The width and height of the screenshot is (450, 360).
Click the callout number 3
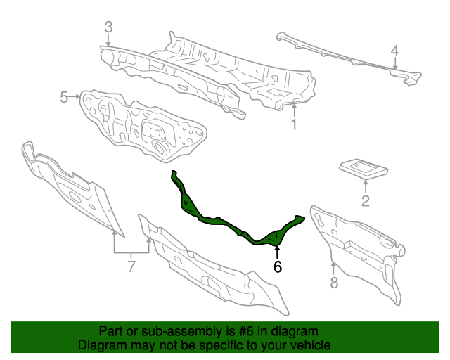pos(108,27)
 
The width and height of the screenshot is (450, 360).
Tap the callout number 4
pos(395,51)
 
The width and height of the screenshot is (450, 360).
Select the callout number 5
pos(64,97)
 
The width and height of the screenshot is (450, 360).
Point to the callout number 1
pos(294,124)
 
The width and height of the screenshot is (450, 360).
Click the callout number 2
pos(366,201)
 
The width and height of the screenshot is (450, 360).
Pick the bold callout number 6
pos(278,266)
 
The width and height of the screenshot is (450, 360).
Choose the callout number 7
pos(131,266)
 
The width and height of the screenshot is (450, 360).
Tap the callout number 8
pos(334,283)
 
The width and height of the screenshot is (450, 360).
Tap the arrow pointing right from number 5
pos(75,97)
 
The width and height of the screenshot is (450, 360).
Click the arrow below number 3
pos(108,39)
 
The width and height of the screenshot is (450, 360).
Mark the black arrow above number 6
pos(277,252)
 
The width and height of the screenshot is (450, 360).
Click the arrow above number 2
pos(366,186)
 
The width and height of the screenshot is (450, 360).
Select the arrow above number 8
pos(333,268)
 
